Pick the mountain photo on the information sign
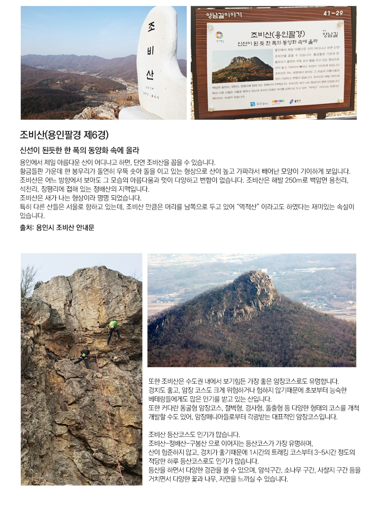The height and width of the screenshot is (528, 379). pos(242,67)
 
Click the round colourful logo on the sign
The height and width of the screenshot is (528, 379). pos(219,35)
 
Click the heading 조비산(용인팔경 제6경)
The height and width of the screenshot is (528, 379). pos(64,135)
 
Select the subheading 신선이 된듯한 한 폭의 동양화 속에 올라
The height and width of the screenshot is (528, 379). pos(79,150)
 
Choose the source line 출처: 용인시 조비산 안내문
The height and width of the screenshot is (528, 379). pos(57,227)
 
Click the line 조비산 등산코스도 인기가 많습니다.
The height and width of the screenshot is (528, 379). pos(194,434)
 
